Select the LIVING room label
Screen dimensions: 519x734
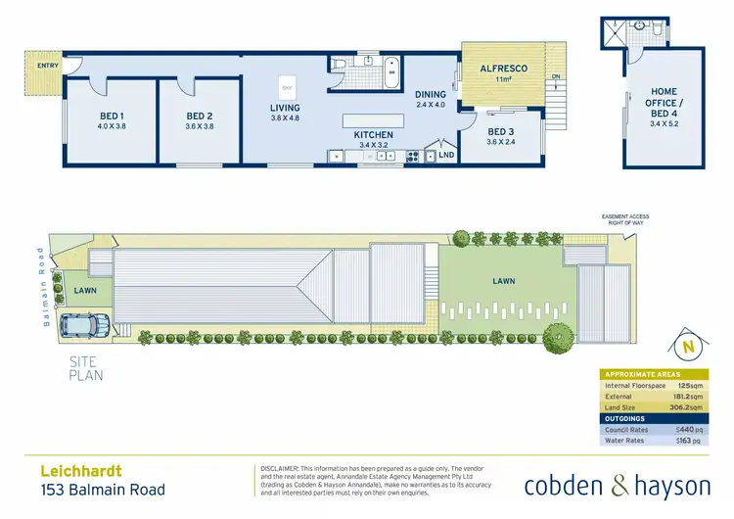click(286, 108)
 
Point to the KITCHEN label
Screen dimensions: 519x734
click(374, 134)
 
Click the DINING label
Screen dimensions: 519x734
click(430, 94)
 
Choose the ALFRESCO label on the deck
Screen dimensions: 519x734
click(504, 68)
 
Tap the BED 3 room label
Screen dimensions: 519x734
click(500, 131)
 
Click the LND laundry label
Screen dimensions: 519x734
click(446, 155)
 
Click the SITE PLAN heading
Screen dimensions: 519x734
click(86, 367)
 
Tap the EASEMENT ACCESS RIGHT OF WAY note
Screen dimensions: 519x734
click(626, 219)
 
